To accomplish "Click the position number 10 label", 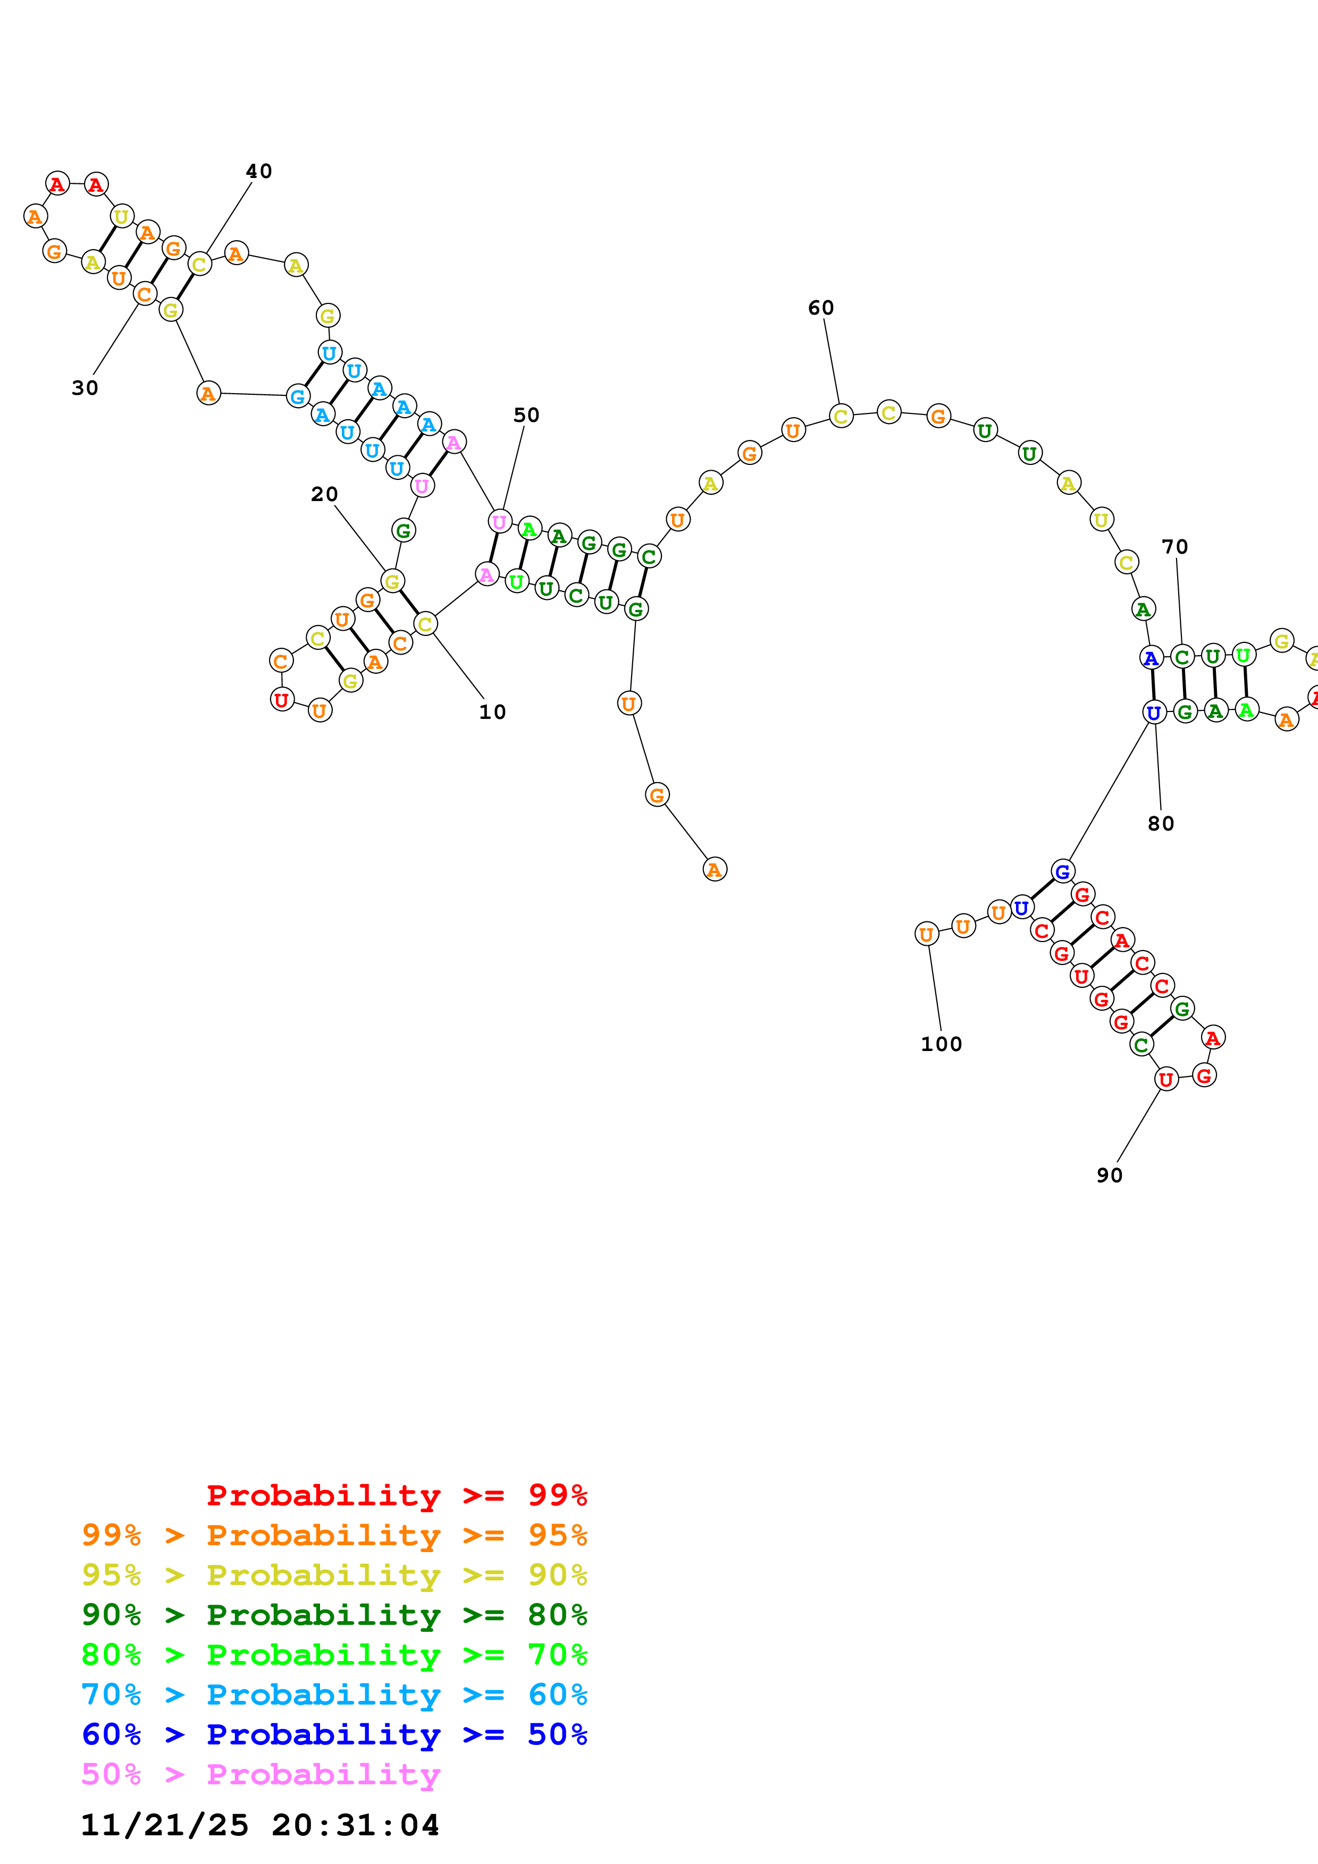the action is pyautogui.click(x=492, y=712).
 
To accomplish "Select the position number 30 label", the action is pyautogui.click(x=85, y=388).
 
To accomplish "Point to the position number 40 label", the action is pyautogui.click(x=259, y=171).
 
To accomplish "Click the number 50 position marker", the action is pyautogui.click(x=526, y=415).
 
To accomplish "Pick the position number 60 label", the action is pyautogui.click(x=821, y=308).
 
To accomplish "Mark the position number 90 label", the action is pyautogui.click(x=1109, y=1175).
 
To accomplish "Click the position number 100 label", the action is pyautogui.click(x=941, y=1044).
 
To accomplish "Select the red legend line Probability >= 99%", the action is pyautogui.click(x=396, y=1495).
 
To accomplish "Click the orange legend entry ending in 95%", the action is pyautogui.click(x=334, y=1535).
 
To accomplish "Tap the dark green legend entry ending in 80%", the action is pyautogui.click(x=334, y=1615).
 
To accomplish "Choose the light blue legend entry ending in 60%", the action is pyautogui.click(x=334, y=1694).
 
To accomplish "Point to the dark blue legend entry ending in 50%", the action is pyautogui.click(x=334, y=1734).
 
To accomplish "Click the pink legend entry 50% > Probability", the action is pyautogui.click(x=261, y=1774).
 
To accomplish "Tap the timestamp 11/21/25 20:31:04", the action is pyautogui.click(x=260, y=1825).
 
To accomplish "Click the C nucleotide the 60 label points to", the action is pyautogui.click(x=841, y=417).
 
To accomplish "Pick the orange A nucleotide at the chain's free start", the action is pyautogui.click(x=715, y=869).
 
